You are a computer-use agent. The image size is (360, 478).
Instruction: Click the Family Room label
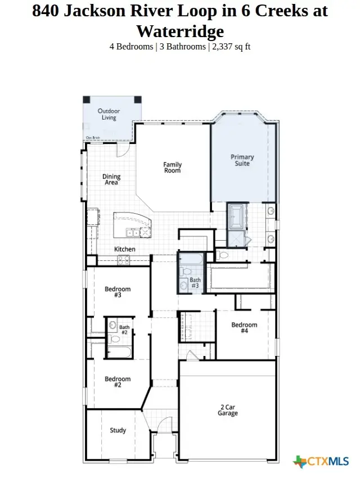(x=173, y=168)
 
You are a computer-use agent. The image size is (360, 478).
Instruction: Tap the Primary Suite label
(x=242, y=160)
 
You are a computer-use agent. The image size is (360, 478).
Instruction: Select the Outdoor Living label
(x=109, y=114)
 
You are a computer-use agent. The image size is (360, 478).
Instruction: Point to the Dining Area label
(x=111, y=180)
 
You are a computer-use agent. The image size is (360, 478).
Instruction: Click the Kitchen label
(x=125, y=249)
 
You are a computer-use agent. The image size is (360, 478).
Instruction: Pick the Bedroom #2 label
(x=118, y=382)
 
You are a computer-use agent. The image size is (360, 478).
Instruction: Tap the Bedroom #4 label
(x=244, y=328)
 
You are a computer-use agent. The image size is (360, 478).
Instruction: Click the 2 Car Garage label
(x=228, y=410)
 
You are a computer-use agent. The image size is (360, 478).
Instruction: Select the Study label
(x=118, y=430)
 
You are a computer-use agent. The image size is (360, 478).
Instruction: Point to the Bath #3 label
(x=195, y=283)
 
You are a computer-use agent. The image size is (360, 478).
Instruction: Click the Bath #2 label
(x=124, y=330)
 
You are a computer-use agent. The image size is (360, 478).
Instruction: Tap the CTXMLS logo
(x=321, y=462)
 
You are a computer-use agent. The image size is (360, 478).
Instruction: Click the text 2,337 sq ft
(x=231, y=47)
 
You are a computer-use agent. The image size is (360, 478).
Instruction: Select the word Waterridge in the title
(x=180, y=30)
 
